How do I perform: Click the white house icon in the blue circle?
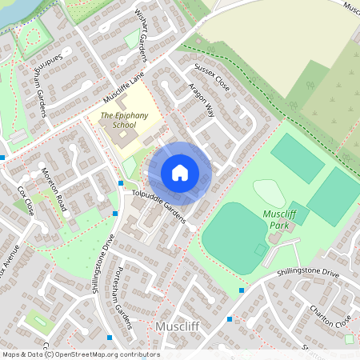(x=180, y=172)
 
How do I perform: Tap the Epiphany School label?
(x=124, y=120)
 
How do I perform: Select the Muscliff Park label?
(x=279, y=218)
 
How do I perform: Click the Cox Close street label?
(x=26, y=201)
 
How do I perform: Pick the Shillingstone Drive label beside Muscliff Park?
(x=308, y=274)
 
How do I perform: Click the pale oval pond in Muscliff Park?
(x=269, y=192)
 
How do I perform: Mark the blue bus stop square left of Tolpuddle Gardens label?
(x=121, y=183)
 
